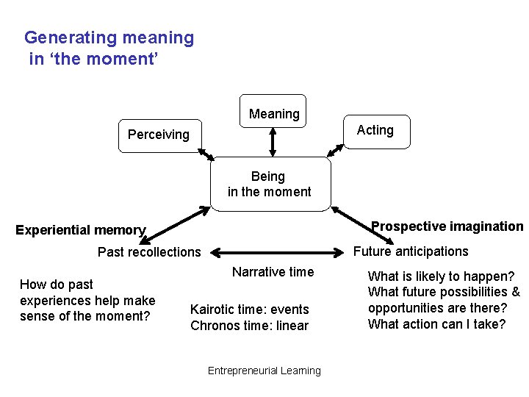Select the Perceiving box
[159, 135]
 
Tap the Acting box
[375, 131]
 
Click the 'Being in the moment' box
[270, 185]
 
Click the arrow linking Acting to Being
[335, 150]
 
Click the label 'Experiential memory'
[81, 230]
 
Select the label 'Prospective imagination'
[447, 226]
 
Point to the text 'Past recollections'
[149, 252]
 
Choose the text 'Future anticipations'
[411, 251]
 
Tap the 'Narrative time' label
[273, 272]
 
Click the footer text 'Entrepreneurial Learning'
[264, 371]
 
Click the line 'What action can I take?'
[436, 324]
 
